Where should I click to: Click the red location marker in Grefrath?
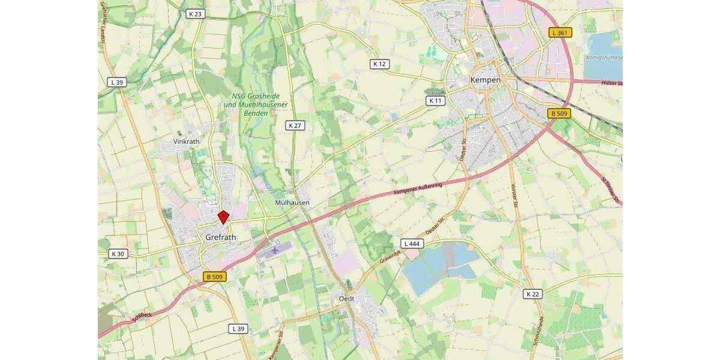223,217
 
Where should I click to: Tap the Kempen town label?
485,80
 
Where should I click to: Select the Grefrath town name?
221,238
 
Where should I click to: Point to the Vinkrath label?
185,142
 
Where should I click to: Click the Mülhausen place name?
292,203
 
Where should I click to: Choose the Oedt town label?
346,298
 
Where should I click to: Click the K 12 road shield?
380,64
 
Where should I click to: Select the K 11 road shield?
436,101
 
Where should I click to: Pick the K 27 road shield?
294,125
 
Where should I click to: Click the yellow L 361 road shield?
560,32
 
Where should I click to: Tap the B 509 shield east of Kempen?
559,113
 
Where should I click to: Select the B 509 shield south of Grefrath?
214,277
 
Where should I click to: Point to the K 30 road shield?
118,254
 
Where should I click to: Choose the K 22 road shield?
533,293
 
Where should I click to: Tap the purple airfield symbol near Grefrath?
275,248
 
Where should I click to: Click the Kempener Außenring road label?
418,189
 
